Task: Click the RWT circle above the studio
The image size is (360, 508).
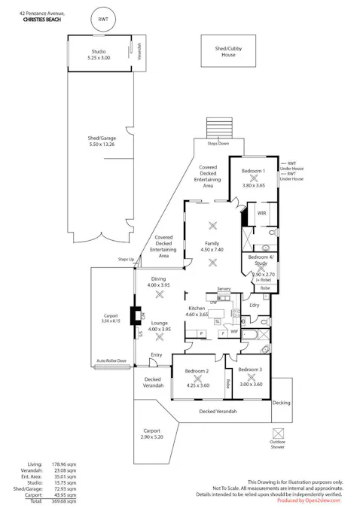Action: (102, 19)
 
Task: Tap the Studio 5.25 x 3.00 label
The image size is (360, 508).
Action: (99, 54)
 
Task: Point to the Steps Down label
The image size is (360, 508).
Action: (218, 143)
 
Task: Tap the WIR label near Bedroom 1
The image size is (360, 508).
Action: (261, 214)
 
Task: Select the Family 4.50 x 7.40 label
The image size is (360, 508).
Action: (212, 248)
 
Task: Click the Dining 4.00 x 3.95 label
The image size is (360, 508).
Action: (158, 282)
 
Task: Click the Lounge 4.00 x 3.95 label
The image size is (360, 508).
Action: (159, 326)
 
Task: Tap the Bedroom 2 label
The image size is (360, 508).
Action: (196, 376)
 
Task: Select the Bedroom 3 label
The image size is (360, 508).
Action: (250, 374)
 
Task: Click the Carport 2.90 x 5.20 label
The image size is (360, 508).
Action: (151, 433)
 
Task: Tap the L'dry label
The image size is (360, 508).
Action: (254, 305)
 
